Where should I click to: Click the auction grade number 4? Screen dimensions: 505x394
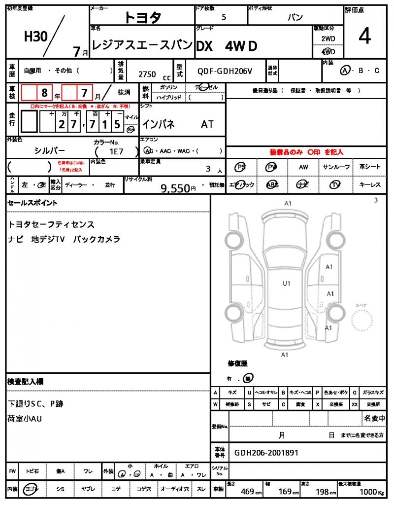364,37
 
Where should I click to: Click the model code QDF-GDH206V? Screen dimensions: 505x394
225,72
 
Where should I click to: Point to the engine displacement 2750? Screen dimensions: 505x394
147,74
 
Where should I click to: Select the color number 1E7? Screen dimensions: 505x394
116,152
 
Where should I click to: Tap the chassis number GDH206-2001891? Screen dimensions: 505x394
266,453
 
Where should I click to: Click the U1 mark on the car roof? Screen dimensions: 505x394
286,284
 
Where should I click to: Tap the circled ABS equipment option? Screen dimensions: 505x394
272,185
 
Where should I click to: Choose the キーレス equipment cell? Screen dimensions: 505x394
369,185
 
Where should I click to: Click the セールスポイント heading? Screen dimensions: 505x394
33,203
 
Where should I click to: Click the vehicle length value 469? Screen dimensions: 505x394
247,492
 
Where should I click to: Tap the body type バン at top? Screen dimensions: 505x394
295,17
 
